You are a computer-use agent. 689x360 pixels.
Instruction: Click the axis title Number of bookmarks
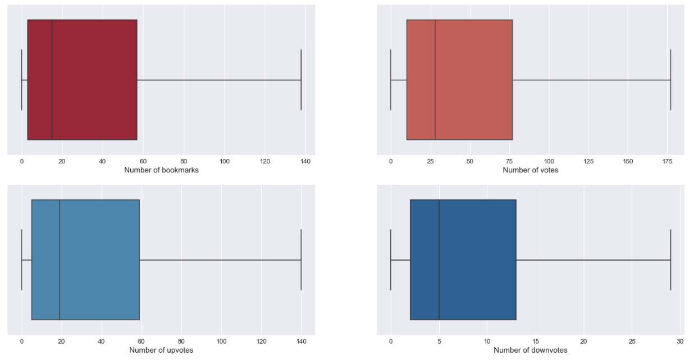(x=161, y=170)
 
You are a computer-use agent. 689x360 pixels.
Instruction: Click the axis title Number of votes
(x=530, y=170)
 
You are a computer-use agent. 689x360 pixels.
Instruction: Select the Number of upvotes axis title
(x=161, y=350)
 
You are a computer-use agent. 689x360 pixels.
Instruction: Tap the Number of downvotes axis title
(x=530, y=350)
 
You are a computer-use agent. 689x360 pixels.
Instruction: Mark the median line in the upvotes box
(x=60, y=259)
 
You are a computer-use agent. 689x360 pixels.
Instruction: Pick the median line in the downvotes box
(x=439, y=259)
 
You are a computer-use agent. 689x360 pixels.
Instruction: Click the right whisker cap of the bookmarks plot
(x=301, y=80)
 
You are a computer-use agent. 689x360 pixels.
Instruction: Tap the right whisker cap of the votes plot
(x=670, y=80)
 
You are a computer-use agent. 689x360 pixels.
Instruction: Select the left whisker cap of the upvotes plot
(x=21, y=259)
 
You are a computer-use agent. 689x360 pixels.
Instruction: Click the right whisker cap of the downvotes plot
(x=670, y=259)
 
